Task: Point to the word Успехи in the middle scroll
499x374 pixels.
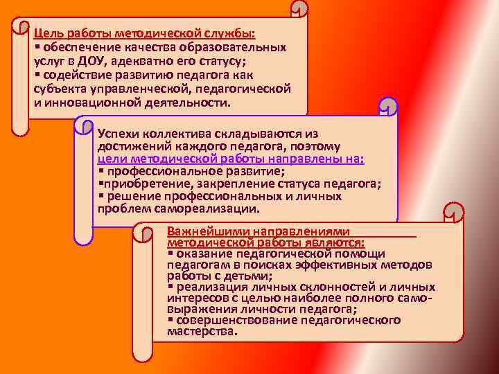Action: (x=118, y=133)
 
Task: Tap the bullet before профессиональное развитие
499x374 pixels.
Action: (x=100, y=171)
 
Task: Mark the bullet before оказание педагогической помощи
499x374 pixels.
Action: (x=170, y=253)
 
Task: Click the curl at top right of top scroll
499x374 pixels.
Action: (x=298, y=9)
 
